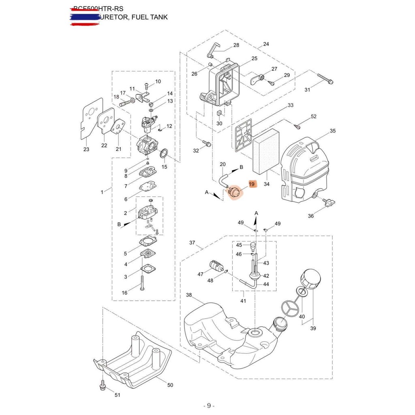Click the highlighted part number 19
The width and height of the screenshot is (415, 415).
click(x=252, y=184)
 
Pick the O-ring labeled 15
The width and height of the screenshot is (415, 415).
click(x=165, y=154)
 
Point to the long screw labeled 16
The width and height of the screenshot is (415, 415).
click(x=142, y=281)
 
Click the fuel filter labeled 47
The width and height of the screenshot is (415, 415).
click(x=215, y=267)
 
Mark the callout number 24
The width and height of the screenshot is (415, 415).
click(x=266, y=44)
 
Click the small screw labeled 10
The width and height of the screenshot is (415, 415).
click(x=147, y=85)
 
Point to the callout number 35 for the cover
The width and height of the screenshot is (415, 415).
click(x=332, y=131)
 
